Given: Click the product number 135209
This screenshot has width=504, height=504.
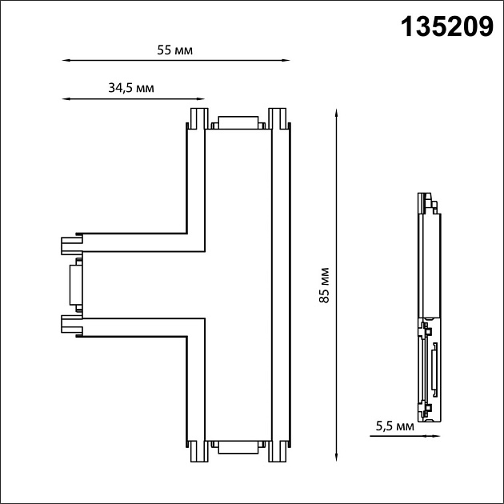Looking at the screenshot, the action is tap(446, 27).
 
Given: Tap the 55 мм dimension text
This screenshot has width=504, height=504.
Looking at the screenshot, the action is tap(175, 50).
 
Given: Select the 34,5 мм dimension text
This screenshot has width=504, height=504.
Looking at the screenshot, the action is tap(131, 88).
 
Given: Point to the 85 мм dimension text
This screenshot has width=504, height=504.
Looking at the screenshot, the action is tap(325, 285).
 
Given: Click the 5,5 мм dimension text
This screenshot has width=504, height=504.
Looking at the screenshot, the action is tap(394, 426).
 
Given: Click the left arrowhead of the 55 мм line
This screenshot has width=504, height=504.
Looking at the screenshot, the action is tap(66, 60).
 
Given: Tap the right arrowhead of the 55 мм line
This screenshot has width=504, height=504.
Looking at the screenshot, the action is tap(286, 60).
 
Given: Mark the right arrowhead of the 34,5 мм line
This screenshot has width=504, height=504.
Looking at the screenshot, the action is tap(201, 99).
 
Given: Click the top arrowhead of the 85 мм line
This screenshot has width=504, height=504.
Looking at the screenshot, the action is tap(336, 113).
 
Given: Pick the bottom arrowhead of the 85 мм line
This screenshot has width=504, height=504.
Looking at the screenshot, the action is tap(336, 457).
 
